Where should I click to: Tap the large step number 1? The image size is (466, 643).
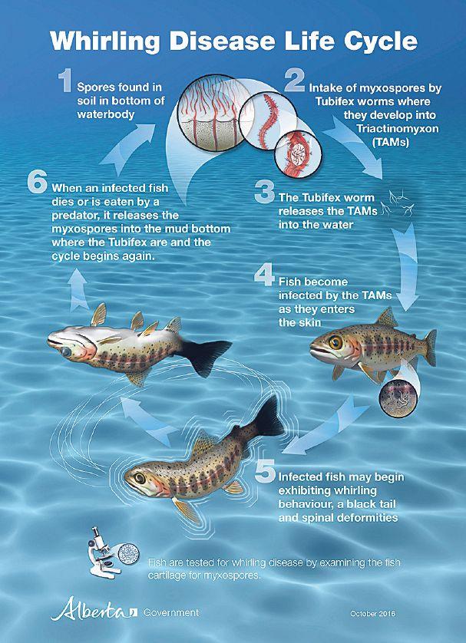click(x=65, y=81)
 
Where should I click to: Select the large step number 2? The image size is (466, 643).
click(x=295, y=81)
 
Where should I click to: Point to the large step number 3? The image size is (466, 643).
click(x=264, y=192)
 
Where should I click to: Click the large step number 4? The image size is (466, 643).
click(x=264, y=275)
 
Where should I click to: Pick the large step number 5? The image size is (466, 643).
click(x=265, y=471)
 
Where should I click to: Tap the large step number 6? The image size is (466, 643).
click(x=38, y=182)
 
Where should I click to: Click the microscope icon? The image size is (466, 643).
click(x=103, y=552)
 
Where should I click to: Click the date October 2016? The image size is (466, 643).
click(x=373, y=614)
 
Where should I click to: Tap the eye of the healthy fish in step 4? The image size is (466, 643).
click(x=335, y=342)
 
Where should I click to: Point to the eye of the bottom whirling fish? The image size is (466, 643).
click(x=140, y=478)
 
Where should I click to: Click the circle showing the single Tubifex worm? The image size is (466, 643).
click(x=267, y=120)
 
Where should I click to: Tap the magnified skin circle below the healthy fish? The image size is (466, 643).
click(x=398, y=398)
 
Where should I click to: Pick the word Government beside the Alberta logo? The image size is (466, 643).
click(x=171, y=612)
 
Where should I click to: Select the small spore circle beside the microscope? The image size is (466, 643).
click(x=128, y=553)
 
